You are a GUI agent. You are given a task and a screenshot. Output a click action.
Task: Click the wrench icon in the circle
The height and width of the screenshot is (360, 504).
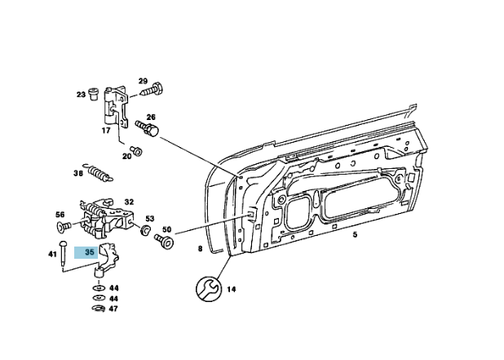point(208,288)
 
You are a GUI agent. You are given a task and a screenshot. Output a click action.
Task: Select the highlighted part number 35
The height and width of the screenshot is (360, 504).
point(90,253)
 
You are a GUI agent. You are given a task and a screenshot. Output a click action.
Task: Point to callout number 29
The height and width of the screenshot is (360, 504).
point(142,81)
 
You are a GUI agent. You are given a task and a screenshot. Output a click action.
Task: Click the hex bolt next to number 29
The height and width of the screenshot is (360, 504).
point(156,91)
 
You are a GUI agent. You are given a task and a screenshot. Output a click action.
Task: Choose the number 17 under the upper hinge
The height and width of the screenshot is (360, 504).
point(106,131)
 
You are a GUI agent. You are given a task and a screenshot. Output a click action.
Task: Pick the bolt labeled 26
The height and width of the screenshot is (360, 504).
point(148,128)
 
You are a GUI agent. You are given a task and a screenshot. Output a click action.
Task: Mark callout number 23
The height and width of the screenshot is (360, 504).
point(82,95)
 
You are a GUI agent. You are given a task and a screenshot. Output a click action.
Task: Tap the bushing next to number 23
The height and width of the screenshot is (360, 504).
point(95,93)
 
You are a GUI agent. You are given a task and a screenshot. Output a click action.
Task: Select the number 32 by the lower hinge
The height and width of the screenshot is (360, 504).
point(129,202)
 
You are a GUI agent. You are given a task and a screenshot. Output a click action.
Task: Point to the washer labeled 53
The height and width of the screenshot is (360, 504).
point(144,231)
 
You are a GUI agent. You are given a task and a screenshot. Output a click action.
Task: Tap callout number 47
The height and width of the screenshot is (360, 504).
point(113,309)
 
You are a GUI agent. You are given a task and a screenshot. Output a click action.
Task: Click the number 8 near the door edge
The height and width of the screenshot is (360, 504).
point(198,248)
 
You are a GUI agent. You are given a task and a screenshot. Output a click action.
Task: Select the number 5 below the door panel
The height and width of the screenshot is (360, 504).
point(355,235)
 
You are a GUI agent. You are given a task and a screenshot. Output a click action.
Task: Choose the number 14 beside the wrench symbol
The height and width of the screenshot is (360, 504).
point(232,288)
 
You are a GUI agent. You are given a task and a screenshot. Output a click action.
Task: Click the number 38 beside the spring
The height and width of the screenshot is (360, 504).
point(78,173)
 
